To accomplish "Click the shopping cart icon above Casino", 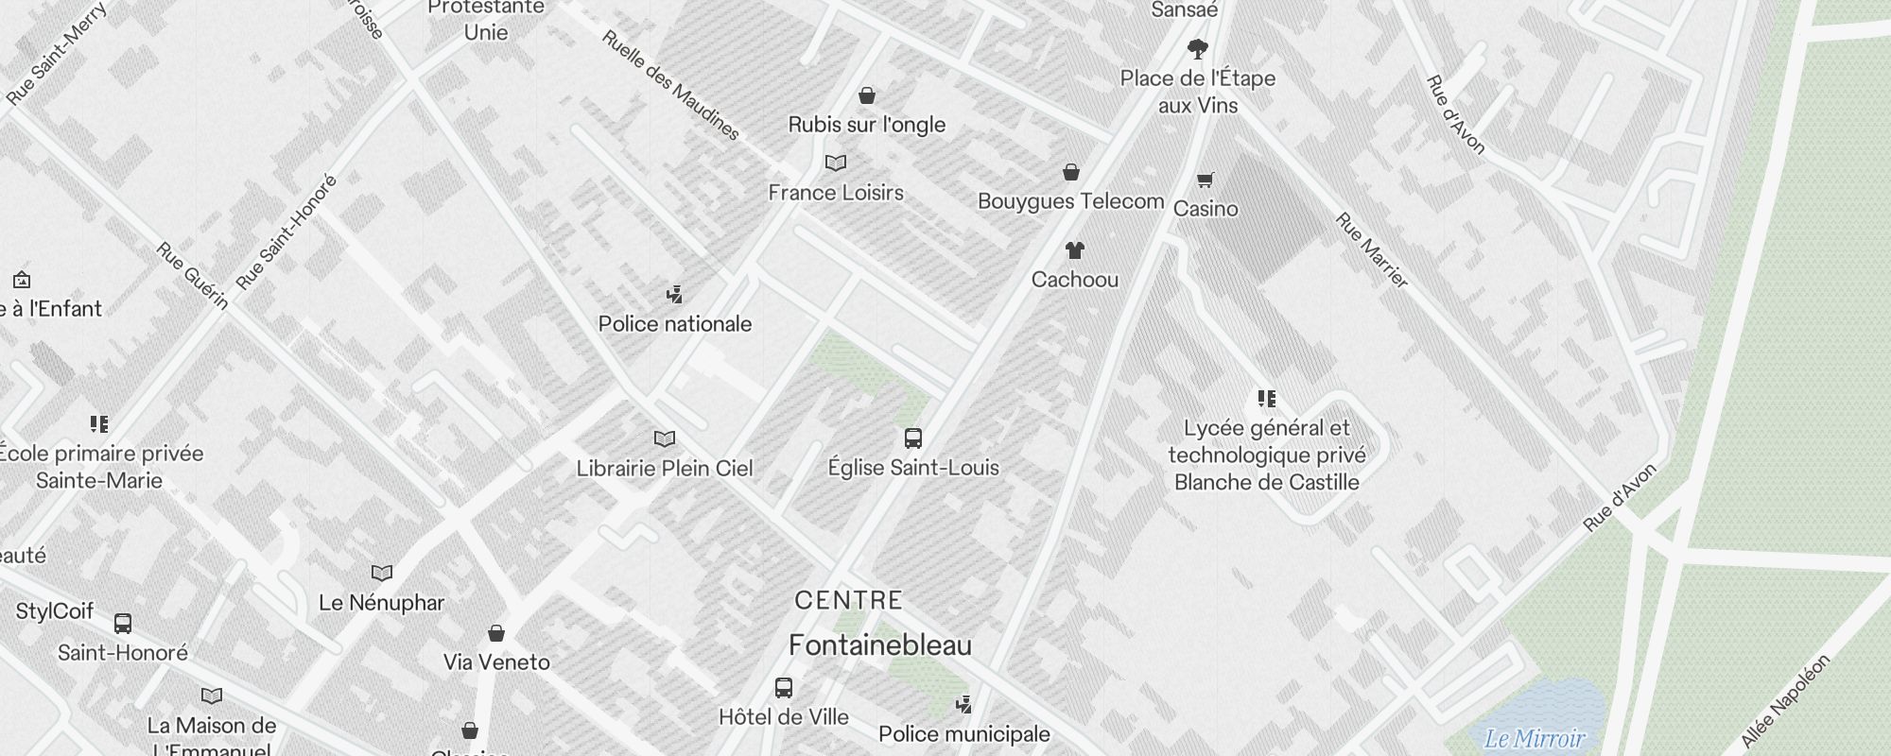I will pyautogui.click(x=1206, y=179).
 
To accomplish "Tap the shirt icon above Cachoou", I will pyautogui.click(x=1074, y=250).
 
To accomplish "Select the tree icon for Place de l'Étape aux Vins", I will pyautogui.click(x=1198, y=48).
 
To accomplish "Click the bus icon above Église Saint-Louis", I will pyautogui.click(x=912, y=438).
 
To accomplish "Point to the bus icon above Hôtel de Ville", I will pyautogui.click(x=783, y=688).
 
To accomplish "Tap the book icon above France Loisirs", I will pyautogui.click(x=836, y=163).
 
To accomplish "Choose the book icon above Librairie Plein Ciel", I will pyautogui.click(x=665, y=439).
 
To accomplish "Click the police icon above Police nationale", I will pyautogui.click(x=674, y=295).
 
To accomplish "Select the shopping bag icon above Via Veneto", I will pyautogui.click(x=496, y=633).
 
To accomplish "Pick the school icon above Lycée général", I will pyautogui.click(x=1267, y=399).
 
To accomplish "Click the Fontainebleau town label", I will pyautogui.click(x=880, y=646).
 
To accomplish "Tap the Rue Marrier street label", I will pyautogui.click(x=1372, y=250).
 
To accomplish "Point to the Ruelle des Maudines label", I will pyautogui.click(x=670, y=86).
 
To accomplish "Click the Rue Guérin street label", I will pyautogui.click(x=193, y=276).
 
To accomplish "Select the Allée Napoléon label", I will pyautogui.click(x=1785, y=700).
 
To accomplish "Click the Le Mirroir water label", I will pyautogui.click(x=1534, y=738).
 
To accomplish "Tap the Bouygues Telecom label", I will pyautogui.click(x=1070, y=201).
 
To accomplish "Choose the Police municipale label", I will pyautogui.click(x=963, y=734).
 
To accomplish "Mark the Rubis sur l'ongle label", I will pyautogui.click(x=866, y=125).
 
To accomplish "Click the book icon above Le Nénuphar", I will pyautogui.click(x=381, y=574).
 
